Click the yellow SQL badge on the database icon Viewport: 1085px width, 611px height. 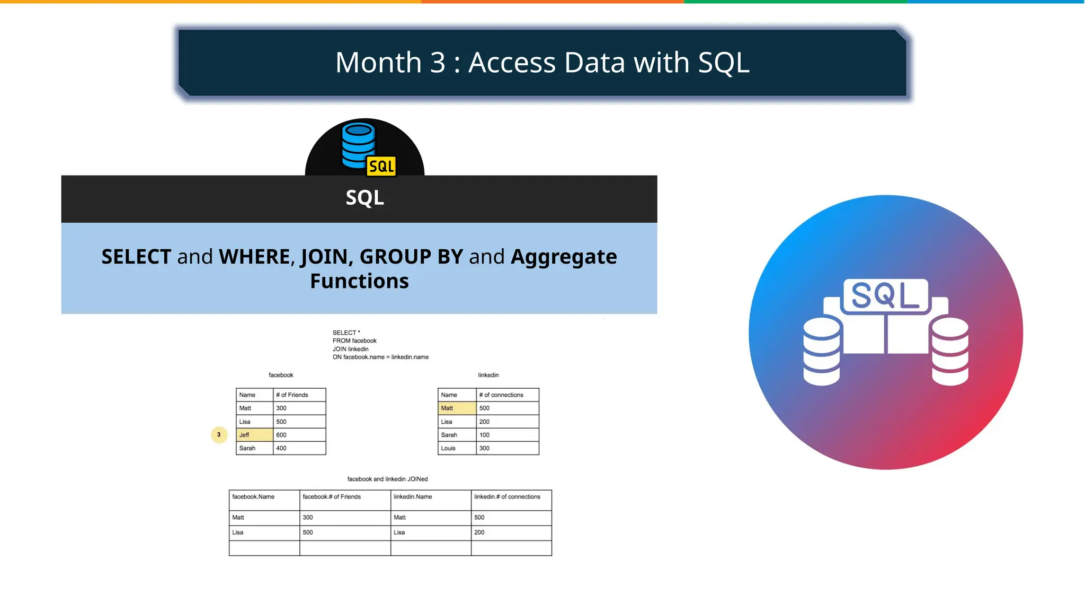[x=381, y=167]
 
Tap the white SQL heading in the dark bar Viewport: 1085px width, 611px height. [x=364, y=198]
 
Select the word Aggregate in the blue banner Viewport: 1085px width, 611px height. [x=564, y=257]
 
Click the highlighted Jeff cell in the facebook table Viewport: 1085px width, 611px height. [x=254, y=435]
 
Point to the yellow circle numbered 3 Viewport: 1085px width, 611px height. [x=219, y=435]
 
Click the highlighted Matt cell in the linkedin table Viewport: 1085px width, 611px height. [x=457, y=408]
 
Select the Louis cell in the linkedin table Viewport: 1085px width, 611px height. [x=457, y=448]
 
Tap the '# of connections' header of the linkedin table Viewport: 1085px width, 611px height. [x=507, y=395]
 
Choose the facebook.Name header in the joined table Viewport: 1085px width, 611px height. [x=264, y=497]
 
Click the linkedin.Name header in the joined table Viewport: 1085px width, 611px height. [x=430, y=497]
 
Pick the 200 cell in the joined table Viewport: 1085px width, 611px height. [x=511, y=533]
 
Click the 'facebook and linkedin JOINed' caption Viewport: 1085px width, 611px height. [x=387, y=479]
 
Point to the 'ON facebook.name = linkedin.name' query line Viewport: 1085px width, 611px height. [x=380, y=357]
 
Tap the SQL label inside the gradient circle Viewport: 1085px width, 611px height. [x=885, y=295]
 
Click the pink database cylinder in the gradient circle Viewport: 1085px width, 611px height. [x=950, y=351]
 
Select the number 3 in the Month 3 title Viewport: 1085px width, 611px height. [x=438, y=63]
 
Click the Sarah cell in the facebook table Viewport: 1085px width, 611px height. [x=254, y=448]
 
